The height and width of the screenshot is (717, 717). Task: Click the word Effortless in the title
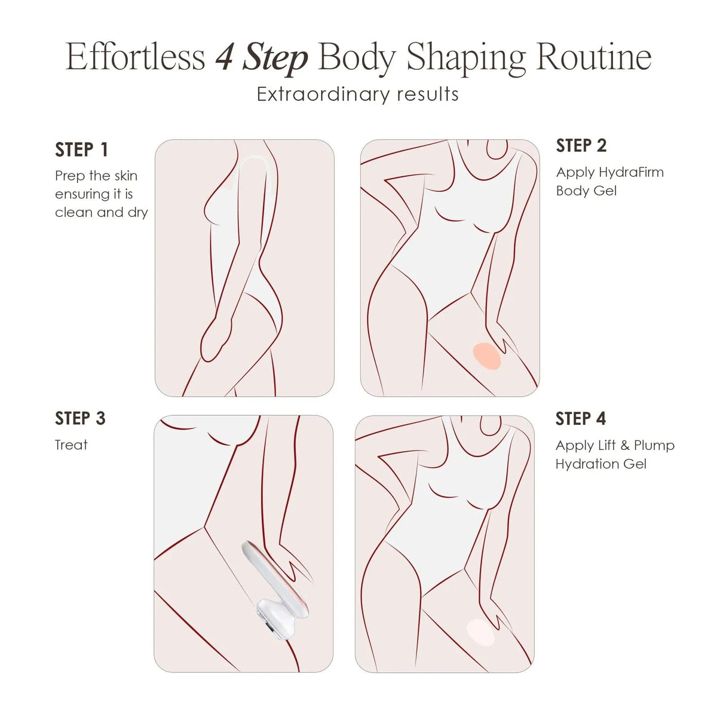point(135,58)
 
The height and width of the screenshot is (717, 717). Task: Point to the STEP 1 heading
point(82,149)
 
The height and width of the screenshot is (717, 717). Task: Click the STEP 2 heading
point(581,145)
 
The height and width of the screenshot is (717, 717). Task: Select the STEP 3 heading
point(80,418)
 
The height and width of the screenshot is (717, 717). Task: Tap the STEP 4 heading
point(581,418)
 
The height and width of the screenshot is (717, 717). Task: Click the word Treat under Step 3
point(71,445)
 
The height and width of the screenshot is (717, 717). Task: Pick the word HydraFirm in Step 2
point(631,173)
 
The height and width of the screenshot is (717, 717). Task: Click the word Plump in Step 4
point(654,446)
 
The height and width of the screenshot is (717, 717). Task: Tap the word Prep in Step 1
point(66,176)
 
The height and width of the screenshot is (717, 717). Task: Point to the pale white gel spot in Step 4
point(481,632)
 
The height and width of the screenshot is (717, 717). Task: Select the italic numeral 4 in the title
point(225,59)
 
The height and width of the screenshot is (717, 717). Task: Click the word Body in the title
point(357,59)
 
